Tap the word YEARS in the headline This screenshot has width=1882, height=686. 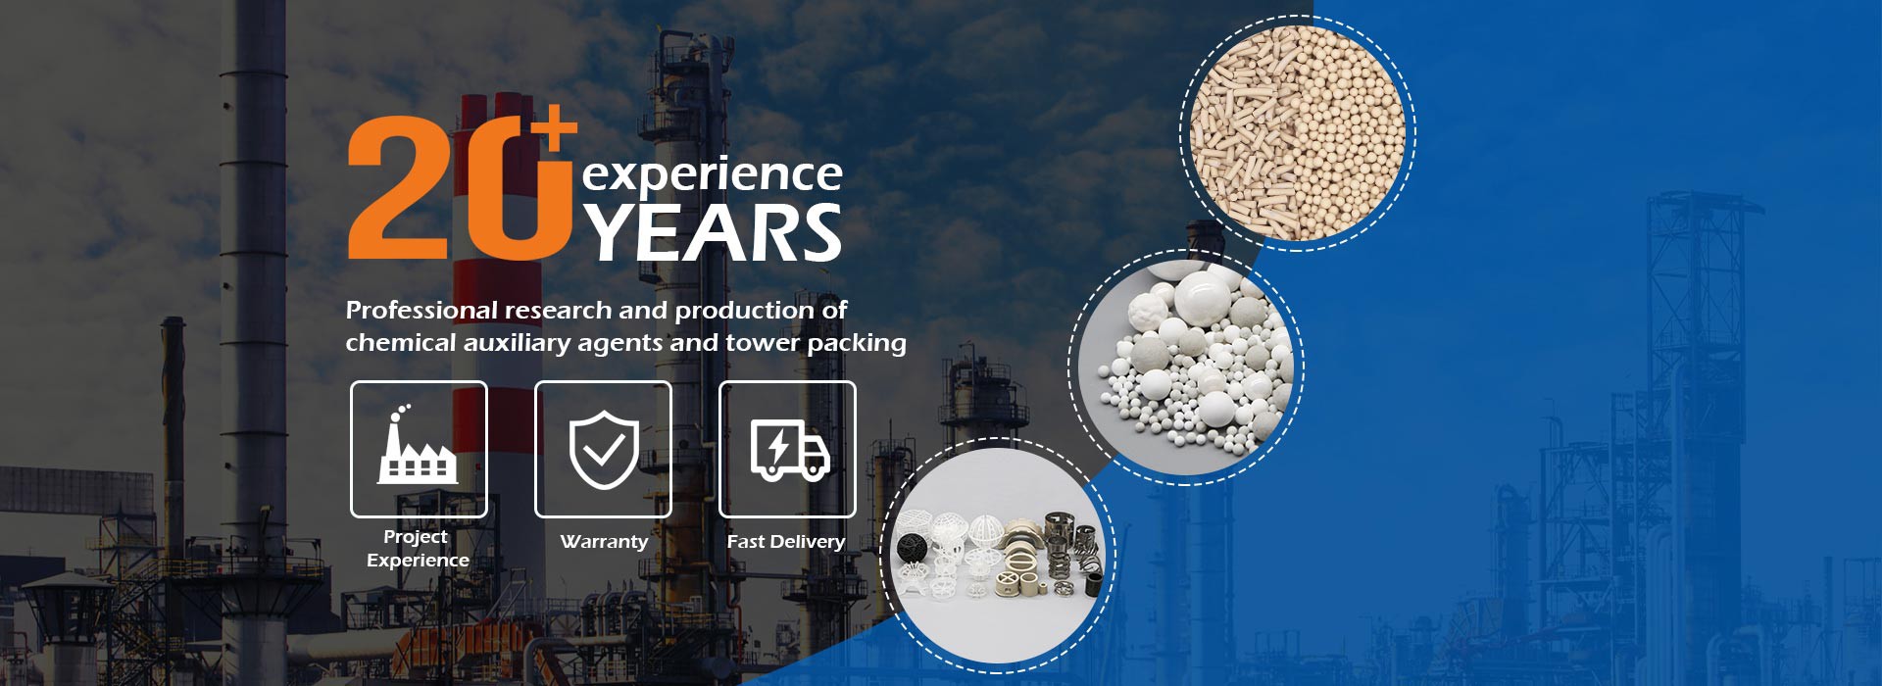pos(715,232)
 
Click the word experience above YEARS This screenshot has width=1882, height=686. pos(713,175)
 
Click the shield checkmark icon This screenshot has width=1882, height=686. pos(604,450)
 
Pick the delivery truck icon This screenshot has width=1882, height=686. pos(789,450)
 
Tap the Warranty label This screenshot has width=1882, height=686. pos(604,541)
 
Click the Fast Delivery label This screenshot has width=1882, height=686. pos(786,541)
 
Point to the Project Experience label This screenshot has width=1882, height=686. pos(418,548)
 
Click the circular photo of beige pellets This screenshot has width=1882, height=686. pos(1298,133)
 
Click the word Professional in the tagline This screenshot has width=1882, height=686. pos(421,311)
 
